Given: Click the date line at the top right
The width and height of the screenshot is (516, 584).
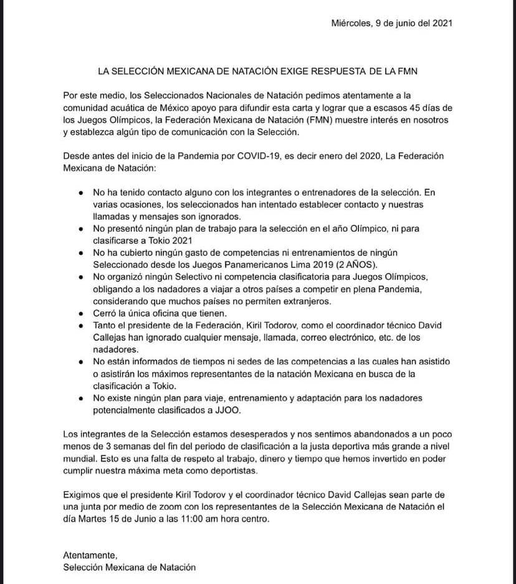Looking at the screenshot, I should (x=391, y=23).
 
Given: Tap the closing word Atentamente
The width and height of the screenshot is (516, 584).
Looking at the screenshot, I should (x=90, y=555).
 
